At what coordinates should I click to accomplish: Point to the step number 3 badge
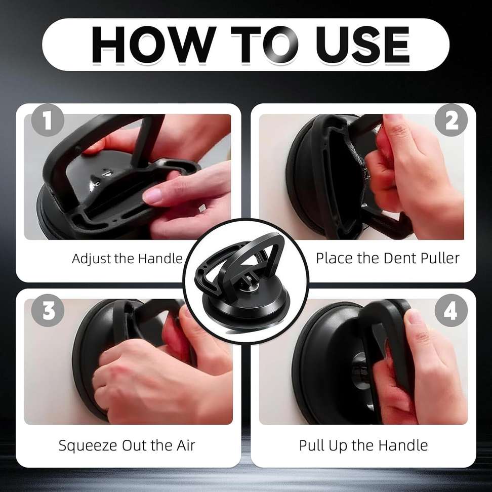tap(48, 310)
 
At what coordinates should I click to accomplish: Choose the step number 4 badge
tap(450, 310)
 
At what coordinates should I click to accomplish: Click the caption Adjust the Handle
tap(127, 258)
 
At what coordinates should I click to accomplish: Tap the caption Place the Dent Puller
tap(388, 258)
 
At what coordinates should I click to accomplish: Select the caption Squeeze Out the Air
tap(127, 445)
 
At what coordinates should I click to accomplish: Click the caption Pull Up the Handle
tap(363, 445)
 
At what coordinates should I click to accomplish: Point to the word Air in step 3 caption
tap(183, 445)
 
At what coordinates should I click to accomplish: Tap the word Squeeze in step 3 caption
tap(88, 445)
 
